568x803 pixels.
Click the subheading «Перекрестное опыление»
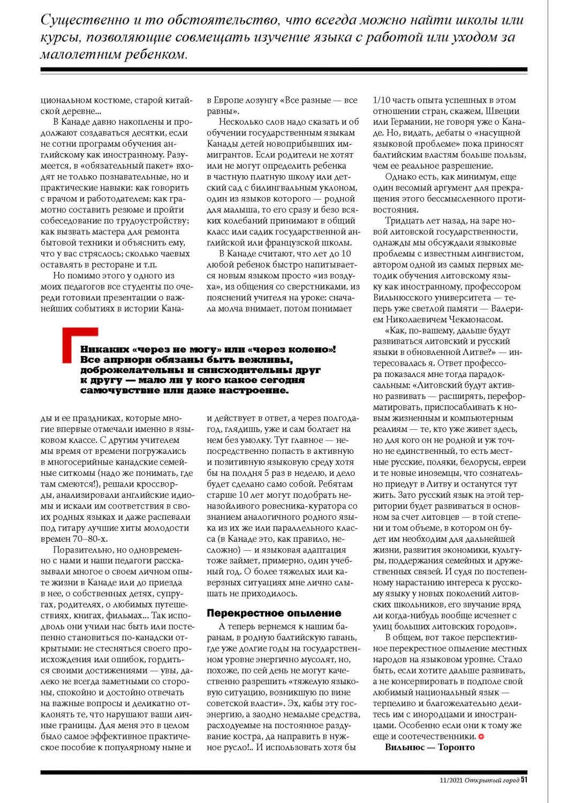click(274, 613)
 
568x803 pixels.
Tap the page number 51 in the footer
click(524, 779)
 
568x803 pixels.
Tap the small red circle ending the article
click(481, 737)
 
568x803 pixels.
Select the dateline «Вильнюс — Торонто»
click(429, 747)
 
